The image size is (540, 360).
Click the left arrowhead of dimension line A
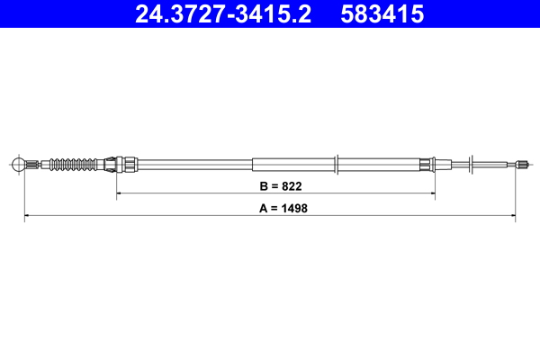pyautogui.click(x=26, y=216)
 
